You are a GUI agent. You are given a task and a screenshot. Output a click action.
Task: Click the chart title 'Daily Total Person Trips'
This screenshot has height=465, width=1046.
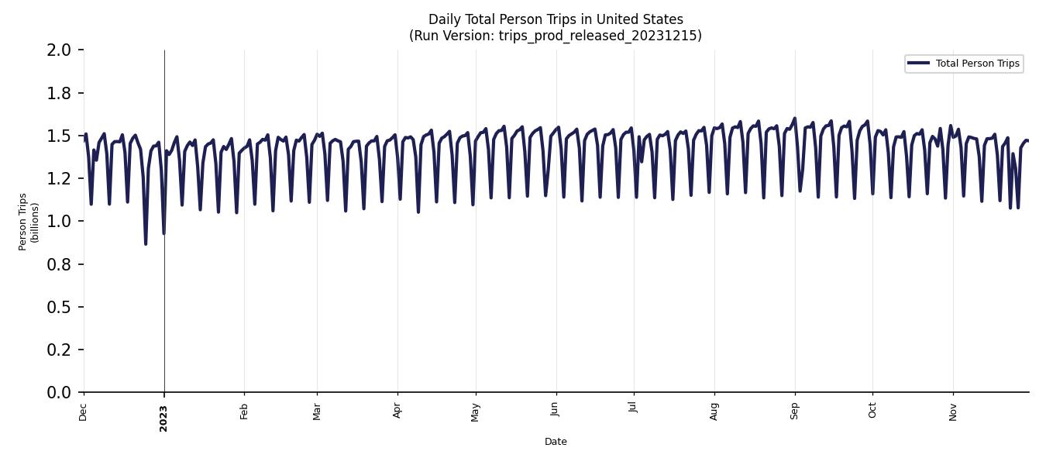[x=556, y=19]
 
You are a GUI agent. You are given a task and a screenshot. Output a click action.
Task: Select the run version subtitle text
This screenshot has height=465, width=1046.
[x=556, y=36]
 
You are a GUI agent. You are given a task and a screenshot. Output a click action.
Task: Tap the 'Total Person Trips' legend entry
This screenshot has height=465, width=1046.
[x=977, y=64]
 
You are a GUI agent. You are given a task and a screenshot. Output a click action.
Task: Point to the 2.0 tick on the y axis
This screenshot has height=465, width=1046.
[x=60, y=50]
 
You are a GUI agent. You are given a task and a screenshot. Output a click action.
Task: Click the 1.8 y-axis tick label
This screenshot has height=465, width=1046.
[x=60, y=93]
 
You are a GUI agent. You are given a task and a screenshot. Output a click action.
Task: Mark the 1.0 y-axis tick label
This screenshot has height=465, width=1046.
[x=60, y=222]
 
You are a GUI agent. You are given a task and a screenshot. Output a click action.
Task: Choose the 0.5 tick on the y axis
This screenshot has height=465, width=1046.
[x=60, y=308]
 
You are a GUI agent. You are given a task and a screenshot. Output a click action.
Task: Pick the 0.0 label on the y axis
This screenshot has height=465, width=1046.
[x=60, y=393]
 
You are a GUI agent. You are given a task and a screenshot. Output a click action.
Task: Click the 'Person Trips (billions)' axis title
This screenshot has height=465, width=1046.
[x=29, y=222]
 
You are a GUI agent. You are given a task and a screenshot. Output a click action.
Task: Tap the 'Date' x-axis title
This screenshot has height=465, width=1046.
[x=556, y=442]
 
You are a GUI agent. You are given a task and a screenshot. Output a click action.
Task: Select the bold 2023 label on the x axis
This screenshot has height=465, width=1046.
[x=163, y=418]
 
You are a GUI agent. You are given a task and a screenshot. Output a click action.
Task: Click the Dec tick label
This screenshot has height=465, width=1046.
[x=84, y=412]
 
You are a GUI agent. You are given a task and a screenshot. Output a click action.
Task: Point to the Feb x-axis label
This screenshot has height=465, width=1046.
[x=244, y=412]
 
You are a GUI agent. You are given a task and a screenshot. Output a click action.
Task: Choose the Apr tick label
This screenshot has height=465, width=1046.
[x=397, y=411]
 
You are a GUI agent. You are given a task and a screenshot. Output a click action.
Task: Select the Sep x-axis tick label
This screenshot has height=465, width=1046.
[x=794, y=411]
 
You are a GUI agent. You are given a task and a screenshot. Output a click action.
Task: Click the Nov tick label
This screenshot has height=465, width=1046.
[x=953, y=412]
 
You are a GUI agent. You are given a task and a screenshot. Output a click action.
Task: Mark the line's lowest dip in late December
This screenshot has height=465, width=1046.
[x=146, y=244]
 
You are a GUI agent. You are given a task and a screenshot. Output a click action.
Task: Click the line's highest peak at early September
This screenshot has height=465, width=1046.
[x=794, y=119]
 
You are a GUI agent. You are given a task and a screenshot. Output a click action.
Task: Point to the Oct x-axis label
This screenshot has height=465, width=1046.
[x=872, y=411]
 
